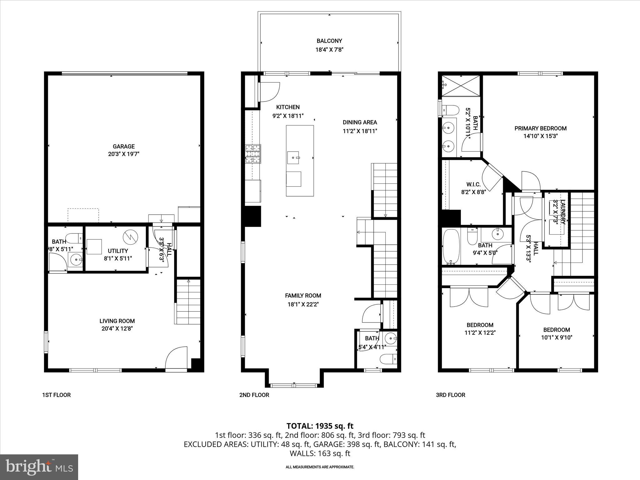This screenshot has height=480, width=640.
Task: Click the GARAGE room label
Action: click(x=124, y=146)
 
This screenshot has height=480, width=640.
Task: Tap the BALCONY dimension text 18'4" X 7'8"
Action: click(x=329, y=49)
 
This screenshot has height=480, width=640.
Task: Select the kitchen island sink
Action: click(x=293, y=157)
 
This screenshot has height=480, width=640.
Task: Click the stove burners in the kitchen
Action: click(x=253, y=154)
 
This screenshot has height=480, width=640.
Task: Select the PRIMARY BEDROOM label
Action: click(x=540, y=128)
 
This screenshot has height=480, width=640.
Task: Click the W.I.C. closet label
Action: click(x=473, y=184)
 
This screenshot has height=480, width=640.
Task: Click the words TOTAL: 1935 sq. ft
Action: click(x=320, y=426)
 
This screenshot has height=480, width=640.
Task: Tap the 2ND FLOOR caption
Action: click(x=254, y=395)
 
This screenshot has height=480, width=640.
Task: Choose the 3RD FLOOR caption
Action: click(x=450, y=395)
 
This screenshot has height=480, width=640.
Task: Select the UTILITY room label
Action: click(x=118, y=251)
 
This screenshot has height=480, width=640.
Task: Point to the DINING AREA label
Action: click(x=360, y=122)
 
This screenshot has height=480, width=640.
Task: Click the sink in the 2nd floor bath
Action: click(x=390, y=338)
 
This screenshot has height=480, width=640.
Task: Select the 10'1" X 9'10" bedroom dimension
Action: click(x=557, y=337)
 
